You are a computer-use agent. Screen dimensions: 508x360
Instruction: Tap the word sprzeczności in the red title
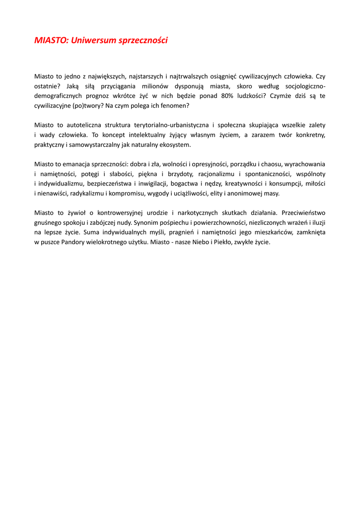pos(142,40)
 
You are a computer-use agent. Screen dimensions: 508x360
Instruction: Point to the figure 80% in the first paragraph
pos(222,96)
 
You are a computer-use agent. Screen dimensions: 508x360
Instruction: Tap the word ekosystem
pos(174,145)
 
